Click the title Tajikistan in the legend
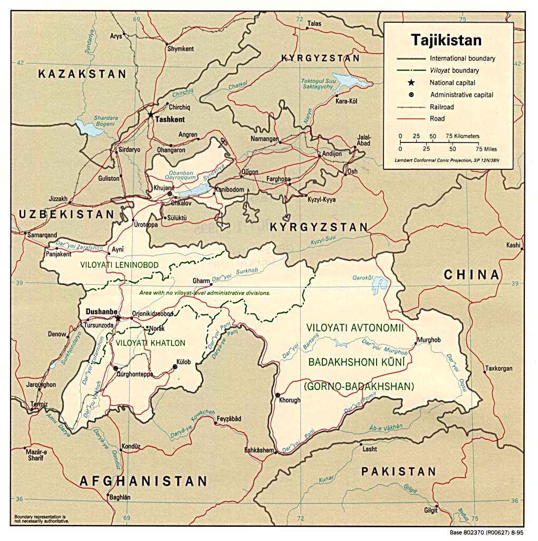pyautogui.click(x=446, y=40)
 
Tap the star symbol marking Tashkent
pyautogui.click(x=151, y=114)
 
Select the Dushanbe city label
pyautogui.click(x=101, y=312)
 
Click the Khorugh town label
pyautogui.click(x=290, y=400)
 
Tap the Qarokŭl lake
pyautogui.click(x=379, y=285)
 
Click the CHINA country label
pyautogui.click(x=471, y=274)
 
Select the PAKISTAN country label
pyautogui.click(x=399, y=471)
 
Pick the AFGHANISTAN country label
pyautogui.click(x=143, y=481)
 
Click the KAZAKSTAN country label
pyautogui.click(x=82, y=74)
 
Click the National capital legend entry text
pyautogui.click(x=452, y=83)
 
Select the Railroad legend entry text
pyautogui.click(x=441, y=107)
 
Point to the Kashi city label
pyautogui.click(x=513, y=245)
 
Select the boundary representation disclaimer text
pyautogui.click(x=41, y=518)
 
